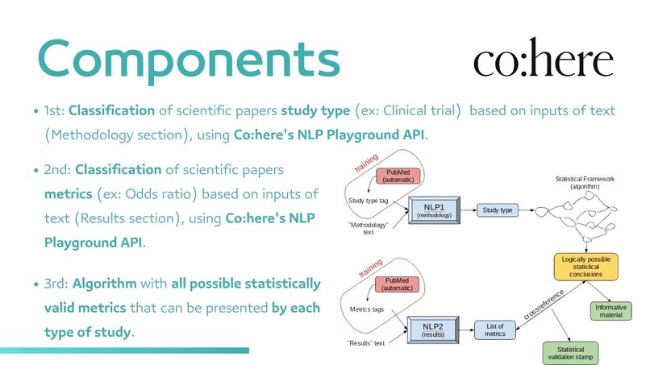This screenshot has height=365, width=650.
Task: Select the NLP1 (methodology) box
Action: click(x=433, y=209)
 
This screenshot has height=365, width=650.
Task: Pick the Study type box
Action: click(x=498, y=210)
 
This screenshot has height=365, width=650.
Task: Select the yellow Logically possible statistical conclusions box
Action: click(x=585, y=266)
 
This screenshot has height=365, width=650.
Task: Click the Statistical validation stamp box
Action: click(x=571, y=352)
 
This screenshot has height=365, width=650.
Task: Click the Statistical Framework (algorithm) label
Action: click(x=585, y=181)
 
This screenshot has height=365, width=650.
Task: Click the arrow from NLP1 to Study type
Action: click(x=467, y=210)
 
